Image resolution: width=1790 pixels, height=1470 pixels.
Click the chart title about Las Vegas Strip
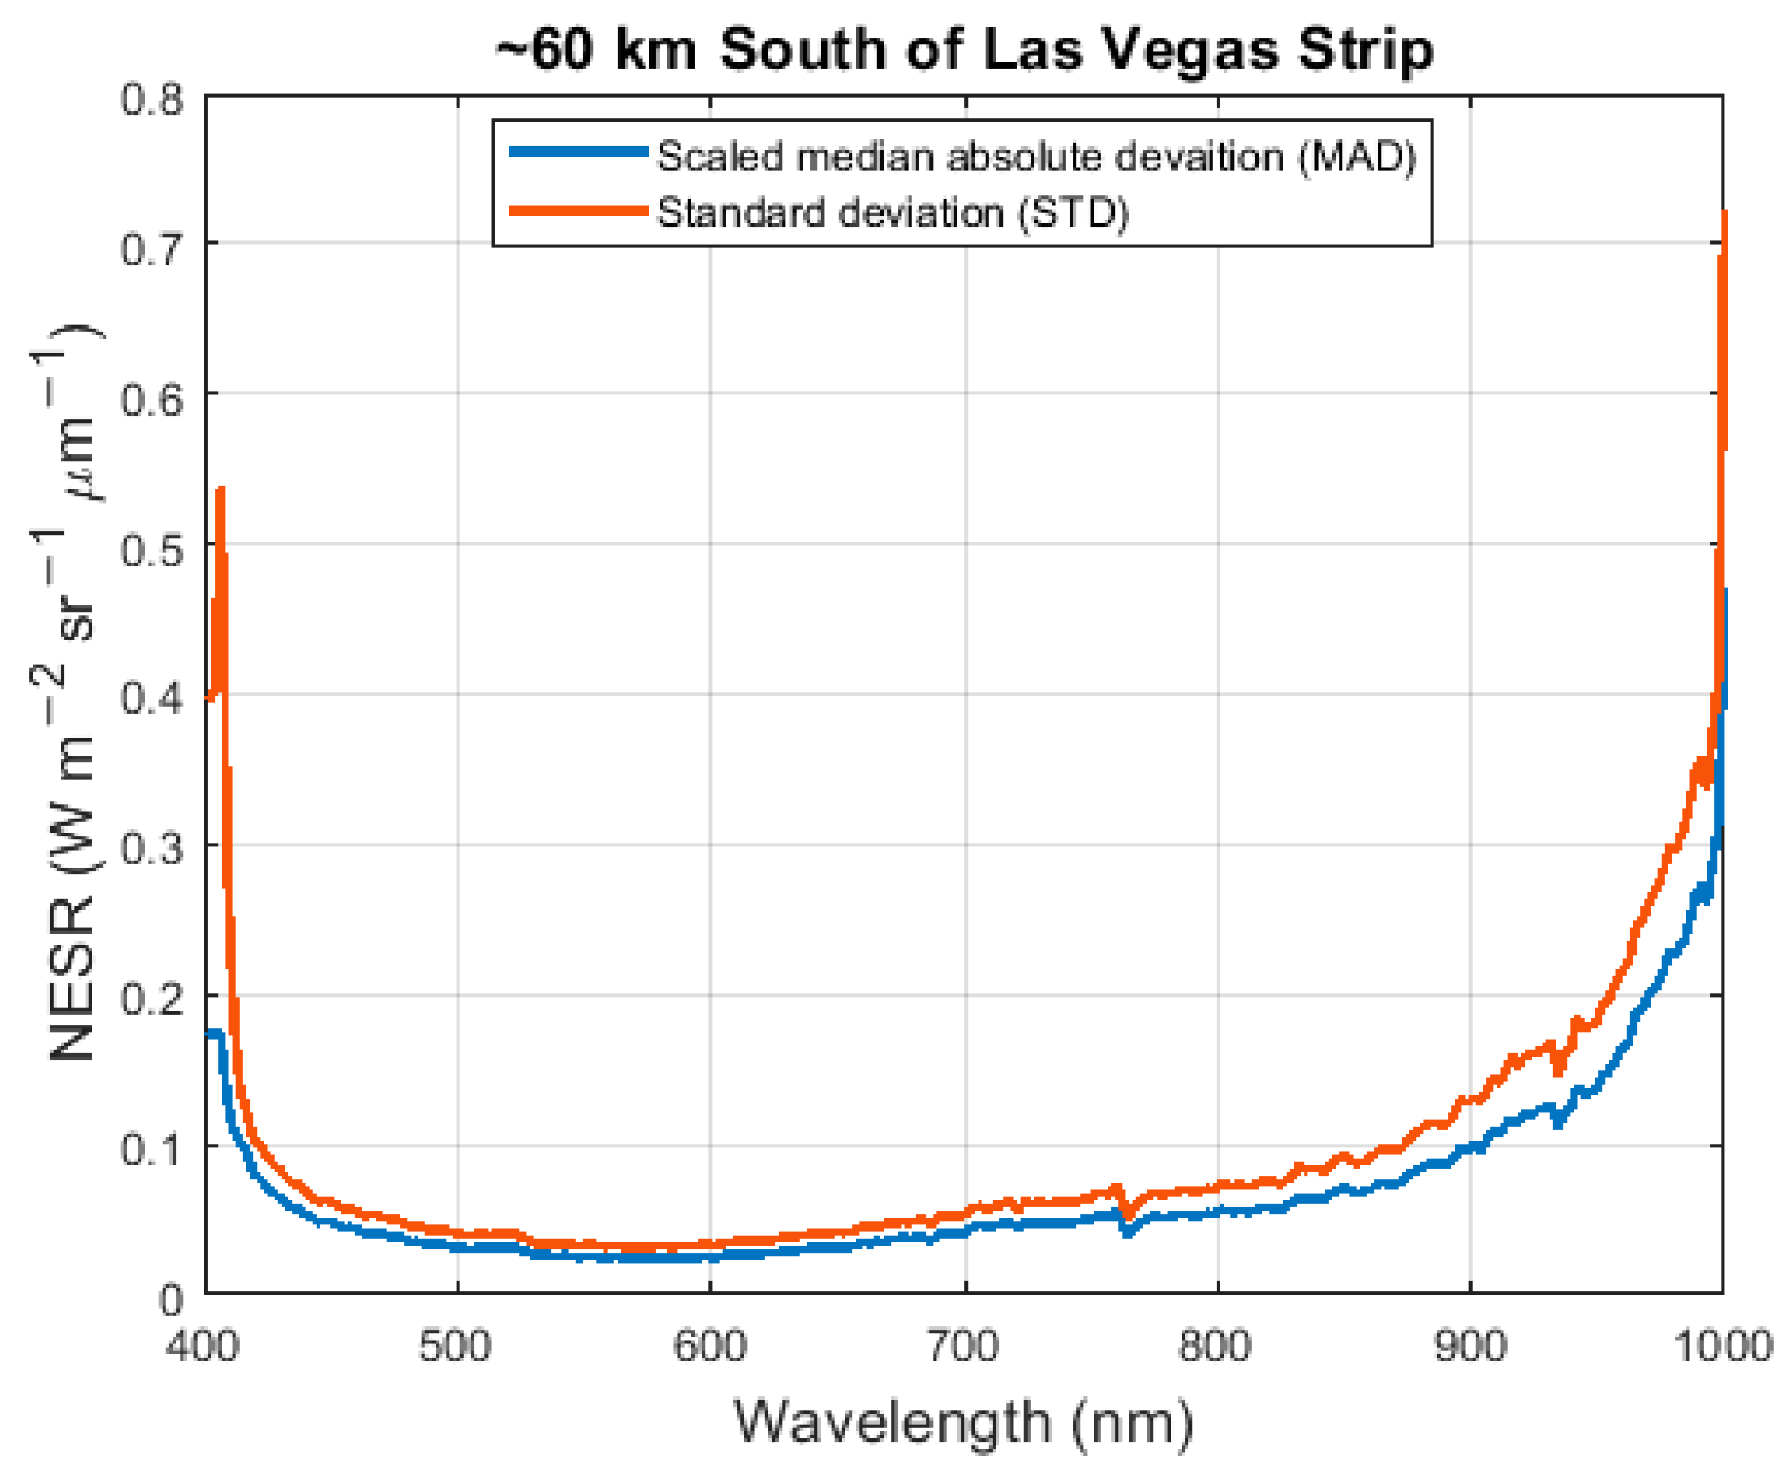964,50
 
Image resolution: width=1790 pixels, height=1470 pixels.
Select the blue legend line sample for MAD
578,152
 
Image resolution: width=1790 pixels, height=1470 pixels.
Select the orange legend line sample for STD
578,210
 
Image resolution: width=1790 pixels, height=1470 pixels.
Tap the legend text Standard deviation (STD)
892,212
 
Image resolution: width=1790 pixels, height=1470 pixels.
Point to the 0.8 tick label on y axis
151,99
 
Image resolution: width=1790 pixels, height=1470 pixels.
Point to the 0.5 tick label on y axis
151,550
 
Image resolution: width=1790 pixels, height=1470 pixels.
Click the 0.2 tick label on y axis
151,999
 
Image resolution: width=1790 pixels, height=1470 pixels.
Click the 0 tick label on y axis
171,1300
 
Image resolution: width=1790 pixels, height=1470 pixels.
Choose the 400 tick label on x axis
203,1346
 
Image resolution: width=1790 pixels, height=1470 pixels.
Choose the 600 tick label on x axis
709,1346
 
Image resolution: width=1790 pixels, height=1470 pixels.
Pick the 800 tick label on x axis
1215,1346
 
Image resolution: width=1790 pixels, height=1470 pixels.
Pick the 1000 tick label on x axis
1722,1346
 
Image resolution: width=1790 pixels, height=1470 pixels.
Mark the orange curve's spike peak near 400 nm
221,491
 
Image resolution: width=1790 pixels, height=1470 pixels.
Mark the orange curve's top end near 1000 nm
1723,214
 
